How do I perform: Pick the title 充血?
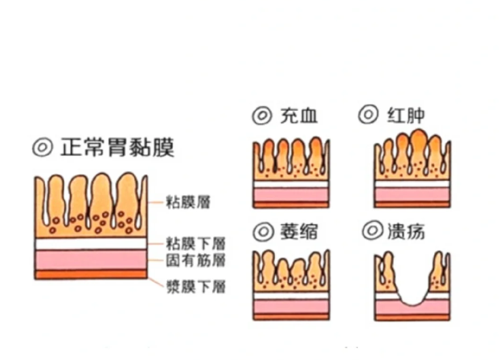pyautogui.click(x=301, y=116)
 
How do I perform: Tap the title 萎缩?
pyautogui.click(x=301, y=232)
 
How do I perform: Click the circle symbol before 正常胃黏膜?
pyautogui.click(x=42, y=149)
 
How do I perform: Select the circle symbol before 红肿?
pyautogui.click(x=370, y=116)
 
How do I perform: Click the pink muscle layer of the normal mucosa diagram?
pyautogui.click(x=91, y=259)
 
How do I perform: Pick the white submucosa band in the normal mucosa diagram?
pyautogui.click(x=91, y=243)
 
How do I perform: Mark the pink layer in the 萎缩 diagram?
pyautogui.click(x=291, y=305)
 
